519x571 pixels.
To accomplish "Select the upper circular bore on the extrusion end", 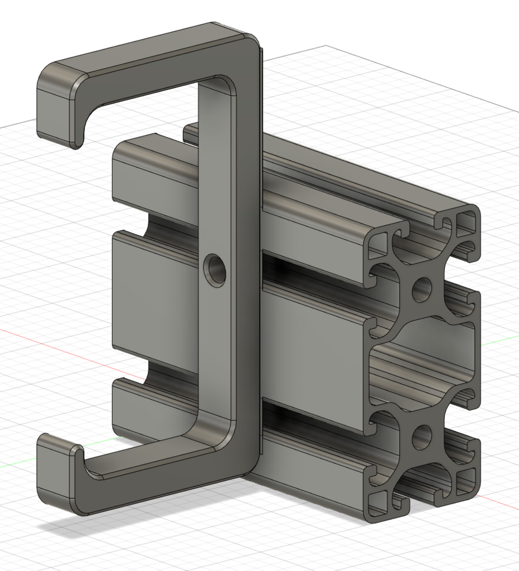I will click(422, 288).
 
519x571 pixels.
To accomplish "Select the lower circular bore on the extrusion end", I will click(423, 437).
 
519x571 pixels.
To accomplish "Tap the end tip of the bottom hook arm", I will click(56, 473).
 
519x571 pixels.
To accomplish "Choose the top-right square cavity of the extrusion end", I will click(467, 223).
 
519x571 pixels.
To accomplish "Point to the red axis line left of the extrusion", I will click(56, 343).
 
